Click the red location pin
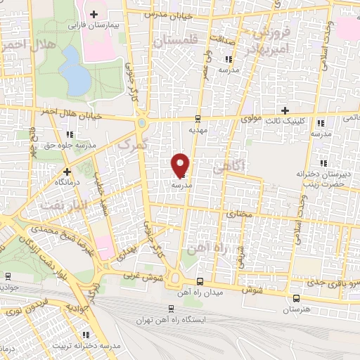181,165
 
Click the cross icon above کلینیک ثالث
285,110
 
